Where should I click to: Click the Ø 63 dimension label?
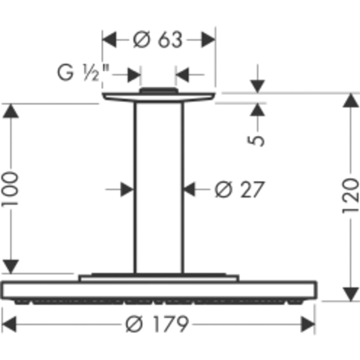point(158,40)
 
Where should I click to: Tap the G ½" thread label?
point(83,72)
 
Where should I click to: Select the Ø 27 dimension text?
point(240,190)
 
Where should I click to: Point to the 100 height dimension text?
point(10,189)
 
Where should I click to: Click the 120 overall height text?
point(350,195)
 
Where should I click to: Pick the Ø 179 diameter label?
point(157,324)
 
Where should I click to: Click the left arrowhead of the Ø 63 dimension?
point(109,40)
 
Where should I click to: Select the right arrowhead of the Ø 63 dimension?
point(208,40)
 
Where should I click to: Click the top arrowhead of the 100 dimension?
point(11,111)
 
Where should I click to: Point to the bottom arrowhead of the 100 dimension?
point(11,266)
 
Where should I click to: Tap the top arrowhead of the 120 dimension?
point(351,100)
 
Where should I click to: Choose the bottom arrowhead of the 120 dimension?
point(351,294)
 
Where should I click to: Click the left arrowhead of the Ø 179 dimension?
point(9,324)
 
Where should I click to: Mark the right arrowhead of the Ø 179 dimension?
point(308,324)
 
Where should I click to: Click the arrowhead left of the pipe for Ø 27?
point(127,190)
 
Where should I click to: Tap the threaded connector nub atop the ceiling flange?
point(159,91)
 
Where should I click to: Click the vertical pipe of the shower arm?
point(159,188)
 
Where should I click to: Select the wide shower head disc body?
point(159,290)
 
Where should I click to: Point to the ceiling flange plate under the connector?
point(159,97)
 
